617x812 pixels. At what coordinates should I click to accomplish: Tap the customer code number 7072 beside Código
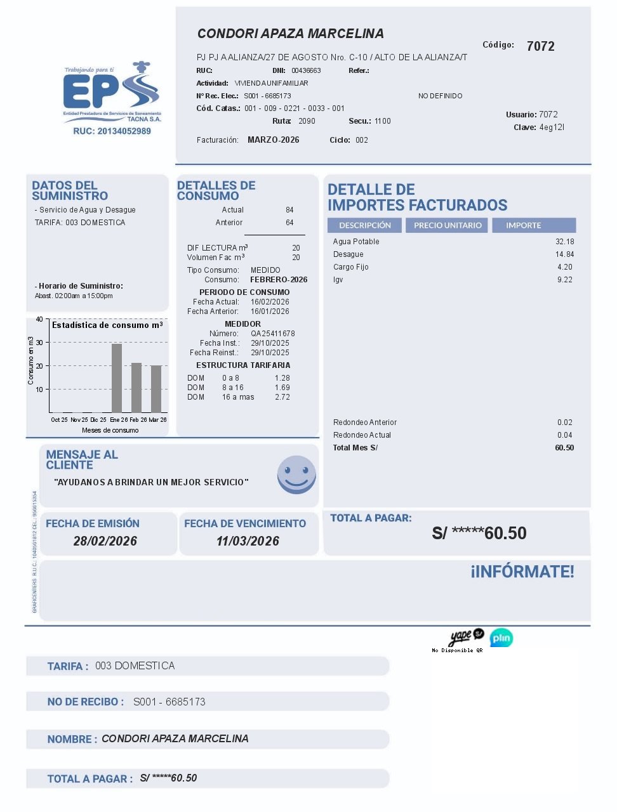click(540, 46)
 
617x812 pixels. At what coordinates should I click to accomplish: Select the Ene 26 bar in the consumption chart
click(117, 378)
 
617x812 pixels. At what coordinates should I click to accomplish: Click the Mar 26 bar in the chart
click(156, 389)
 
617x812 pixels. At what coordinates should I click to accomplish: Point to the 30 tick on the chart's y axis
click(39, 343)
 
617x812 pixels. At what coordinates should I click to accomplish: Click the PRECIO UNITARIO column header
click(448, 225)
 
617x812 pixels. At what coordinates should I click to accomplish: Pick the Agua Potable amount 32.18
click(564, 242)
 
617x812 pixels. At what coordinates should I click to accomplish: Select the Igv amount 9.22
click(564, 280)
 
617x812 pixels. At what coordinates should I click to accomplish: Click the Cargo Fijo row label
click(350, 267)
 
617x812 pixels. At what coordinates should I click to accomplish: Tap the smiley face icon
click(296, 475)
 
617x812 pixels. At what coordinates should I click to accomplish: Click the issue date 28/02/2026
click(105, 541)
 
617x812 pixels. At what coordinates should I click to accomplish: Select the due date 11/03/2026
click(248, 541)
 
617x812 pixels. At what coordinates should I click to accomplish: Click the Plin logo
click(501, 638)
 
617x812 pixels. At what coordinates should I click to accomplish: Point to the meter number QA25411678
click(272, 334)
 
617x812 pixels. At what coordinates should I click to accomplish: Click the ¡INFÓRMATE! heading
click(522, 572)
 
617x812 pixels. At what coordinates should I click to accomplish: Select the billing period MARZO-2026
click(273, 140)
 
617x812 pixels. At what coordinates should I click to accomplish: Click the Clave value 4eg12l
click(552, 128)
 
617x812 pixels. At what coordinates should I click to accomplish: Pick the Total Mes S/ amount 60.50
click(564, 448)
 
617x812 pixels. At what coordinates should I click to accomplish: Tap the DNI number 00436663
click(306, 70)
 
